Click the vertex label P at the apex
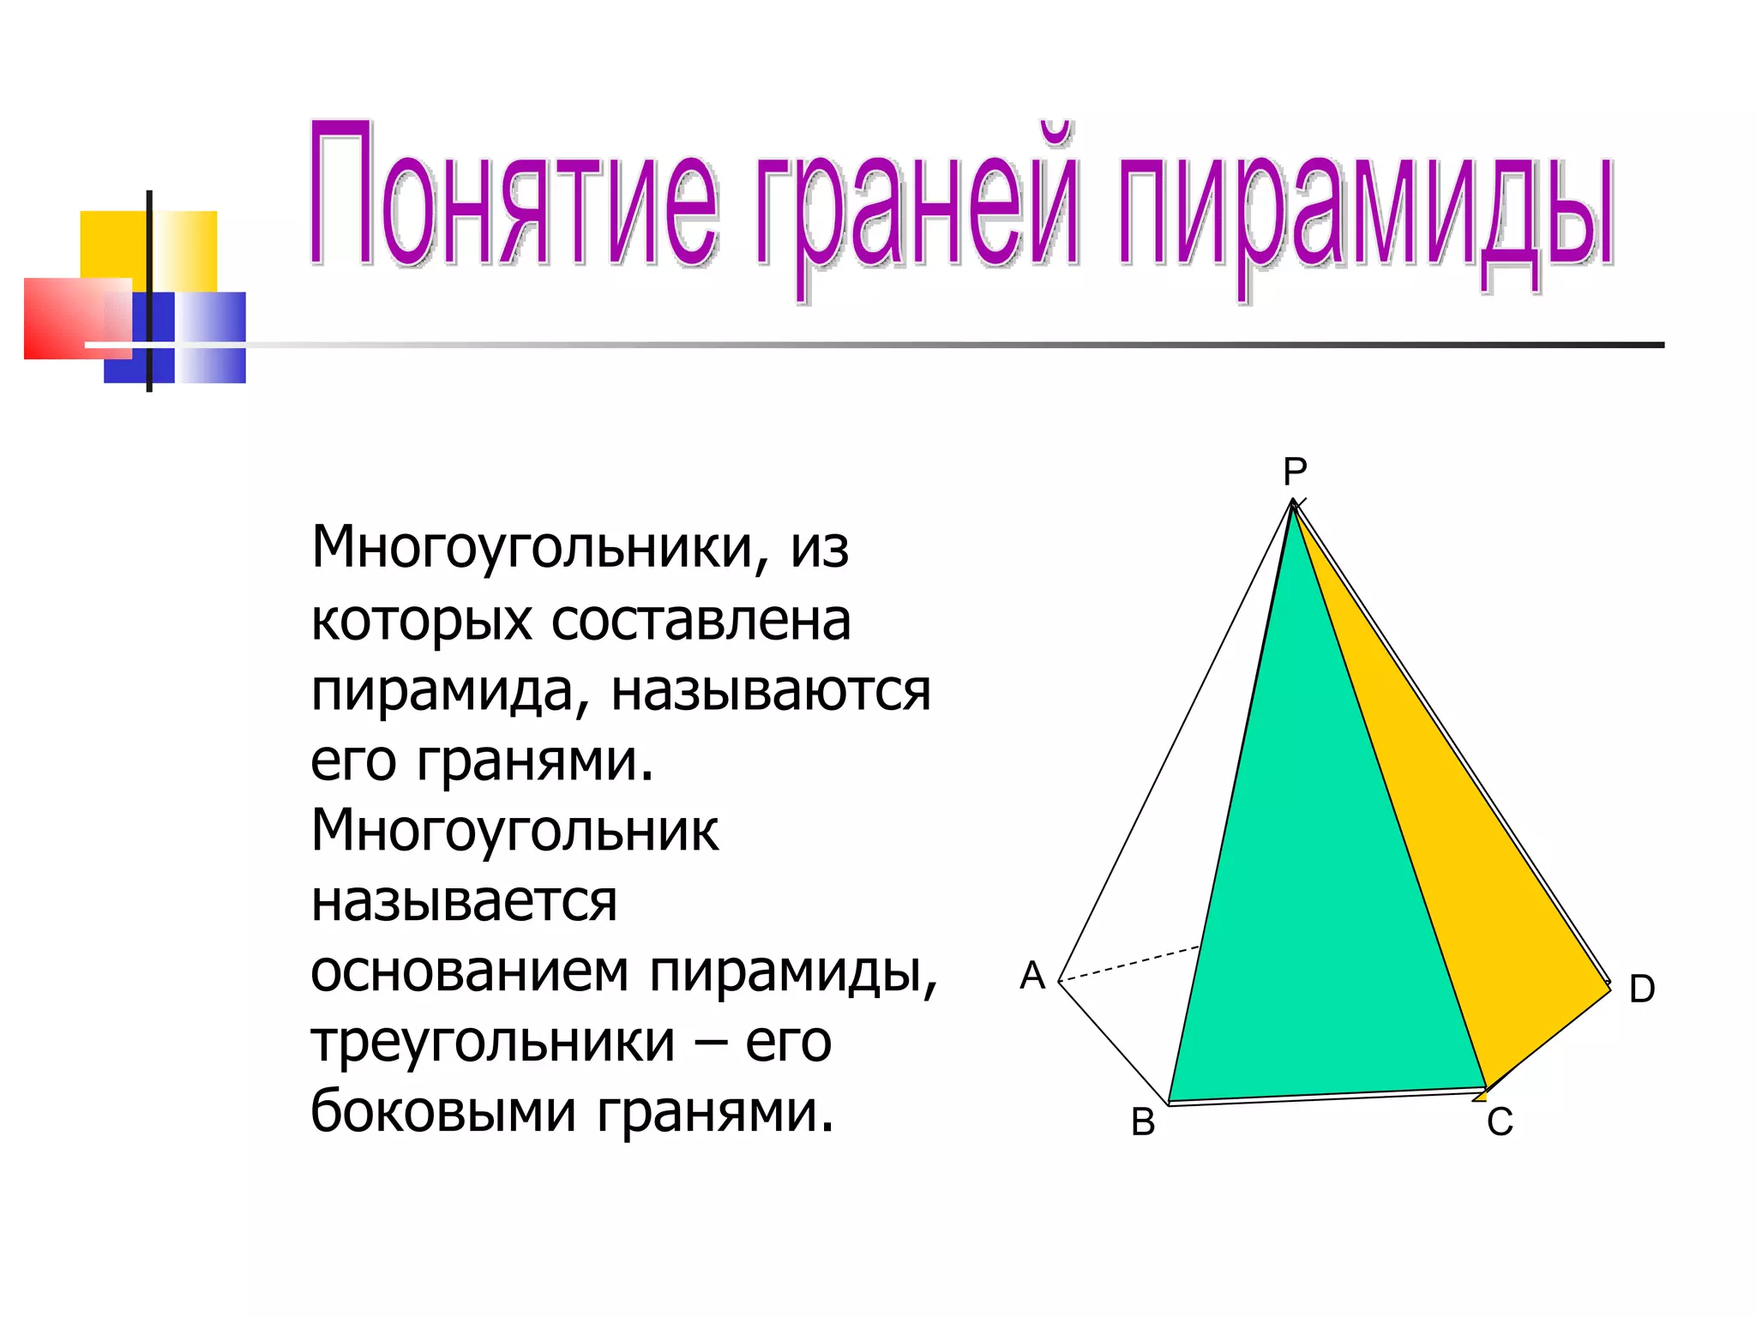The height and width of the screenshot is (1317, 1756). tap(1295, 472)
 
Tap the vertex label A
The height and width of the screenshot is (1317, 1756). tap(1032, 976)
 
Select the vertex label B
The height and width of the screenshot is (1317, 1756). tap(1143, 1122)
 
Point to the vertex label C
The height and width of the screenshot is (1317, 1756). tap(1500, 1122)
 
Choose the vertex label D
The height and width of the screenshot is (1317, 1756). tap(1641, 989)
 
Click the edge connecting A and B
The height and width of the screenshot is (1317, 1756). tap(1114, 1043)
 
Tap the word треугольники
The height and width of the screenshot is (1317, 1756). tap(493, 1043)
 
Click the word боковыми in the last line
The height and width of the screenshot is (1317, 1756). tap(443, 1112)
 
